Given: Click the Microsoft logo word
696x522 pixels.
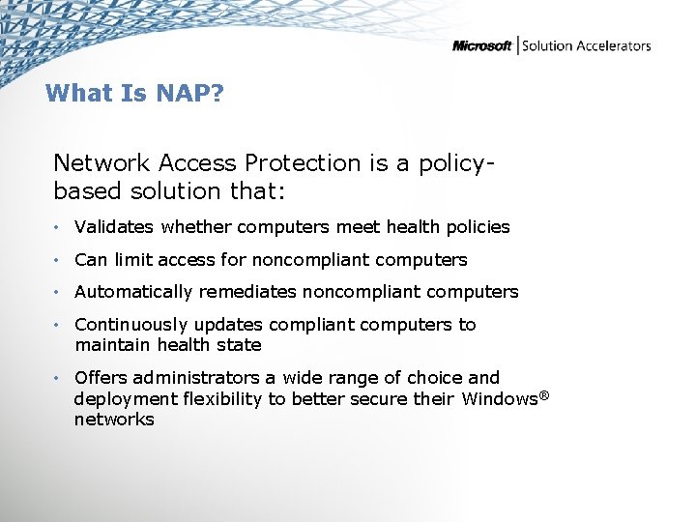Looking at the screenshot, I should pos(482,46).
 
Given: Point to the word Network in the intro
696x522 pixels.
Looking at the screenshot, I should pos(100,163).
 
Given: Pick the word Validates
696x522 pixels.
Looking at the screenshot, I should pos(114,227).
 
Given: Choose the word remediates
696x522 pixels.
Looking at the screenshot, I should pos(251,292).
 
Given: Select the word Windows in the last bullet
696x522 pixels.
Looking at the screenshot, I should pos(499,398).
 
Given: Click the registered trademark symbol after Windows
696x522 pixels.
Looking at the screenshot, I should pos(543,394).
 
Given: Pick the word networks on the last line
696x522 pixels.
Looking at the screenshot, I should pos(114,420).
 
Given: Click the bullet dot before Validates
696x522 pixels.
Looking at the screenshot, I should pos(58,228).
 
